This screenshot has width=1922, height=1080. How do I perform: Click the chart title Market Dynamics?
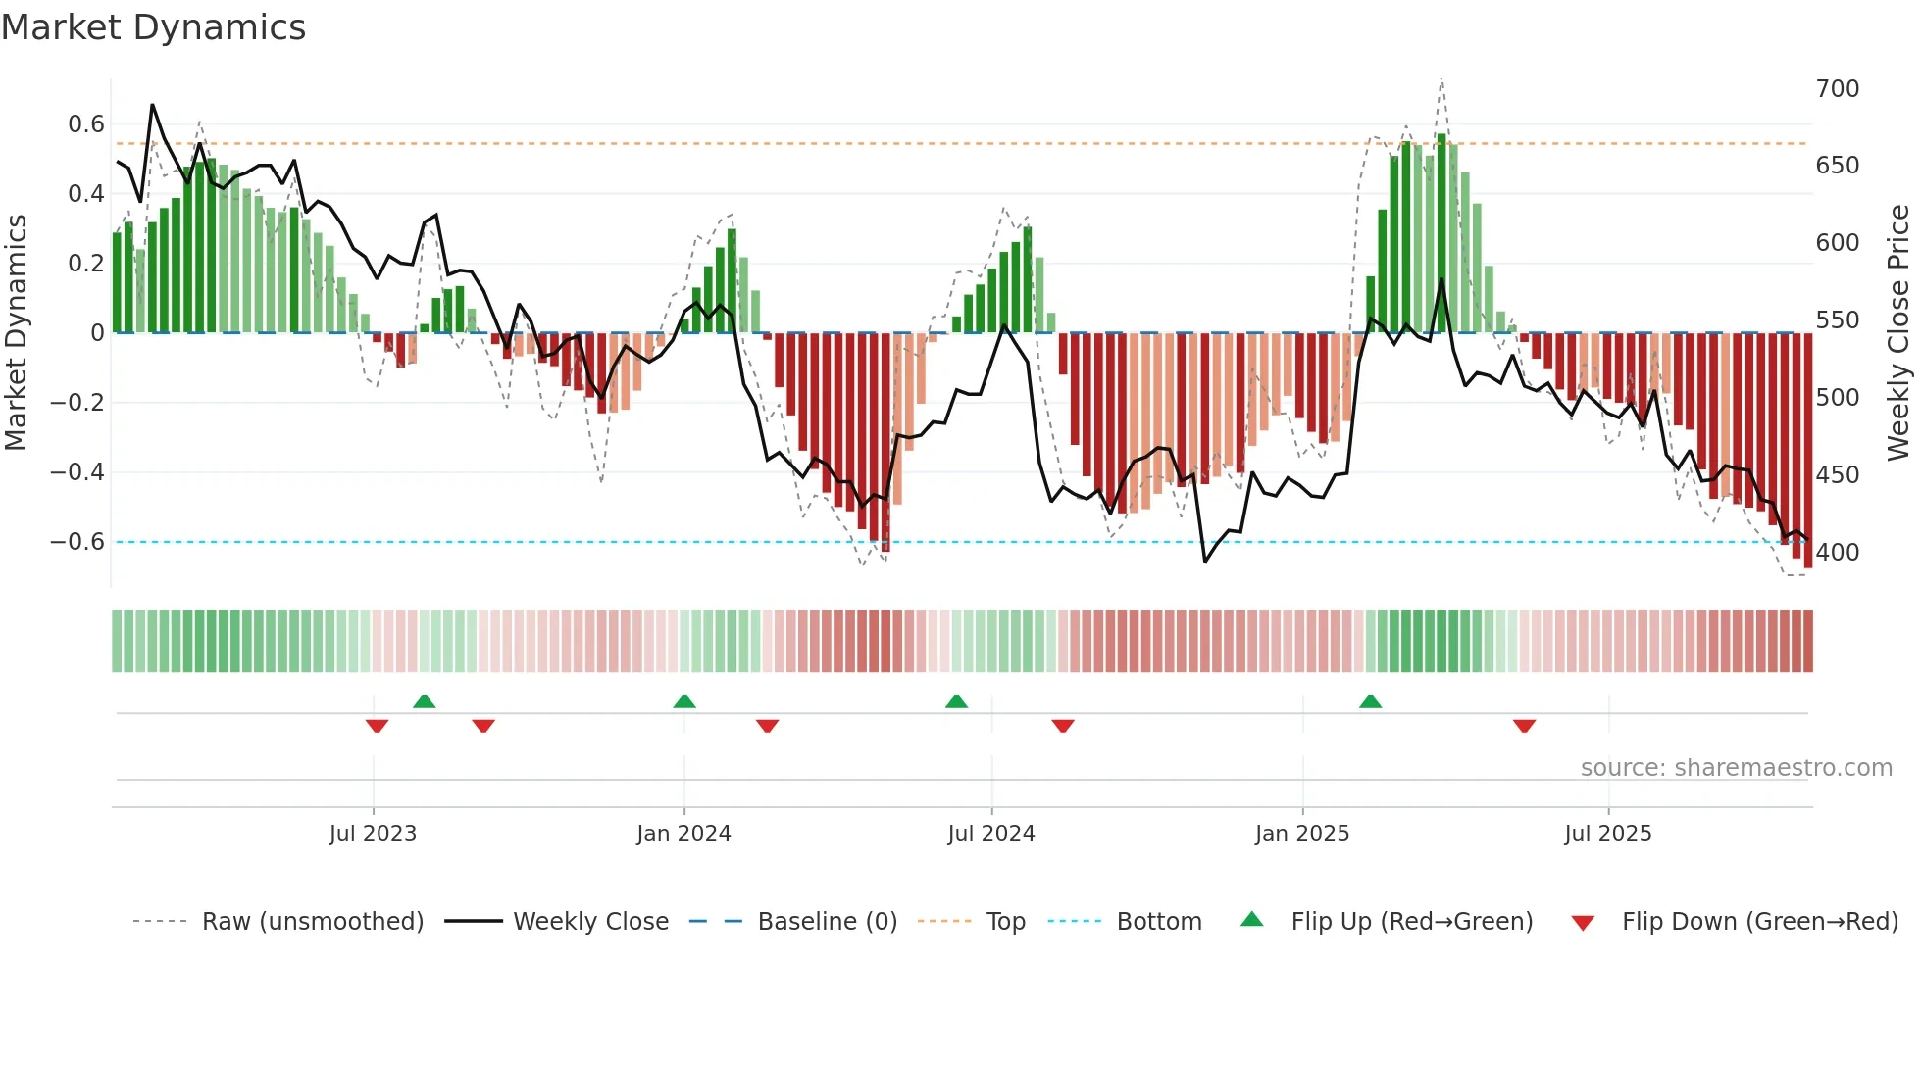[x=153, y=27]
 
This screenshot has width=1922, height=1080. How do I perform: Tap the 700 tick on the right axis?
[x=1837, y=89]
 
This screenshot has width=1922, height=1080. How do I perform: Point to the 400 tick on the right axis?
[x=1837, y=553]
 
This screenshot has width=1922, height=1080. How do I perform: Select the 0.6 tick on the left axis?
[x=86, y=124]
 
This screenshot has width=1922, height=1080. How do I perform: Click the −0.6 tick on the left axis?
[x=77, y=542]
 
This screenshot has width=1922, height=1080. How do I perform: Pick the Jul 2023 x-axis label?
[x=373, y=834]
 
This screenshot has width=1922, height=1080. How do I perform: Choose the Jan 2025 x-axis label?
[x=1302, y=834]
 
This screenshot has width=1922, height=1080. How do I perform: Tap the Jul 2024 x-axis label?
[x=991, y=834]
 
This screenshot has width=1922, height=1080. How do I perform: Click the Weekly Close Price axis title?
[x=1898, y=333]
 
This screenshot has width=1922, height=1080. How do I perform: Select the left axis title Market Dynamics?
[x=16, y=333]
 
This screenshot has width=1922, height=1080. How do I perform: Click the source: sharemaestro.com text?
[x=1736, y=768]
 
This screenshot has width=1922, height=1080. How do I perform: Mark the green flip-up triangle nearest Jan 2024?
[x=684, y=701]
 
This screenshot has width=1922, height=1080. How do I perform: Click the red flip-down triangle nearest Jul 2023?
[x=377, y=726]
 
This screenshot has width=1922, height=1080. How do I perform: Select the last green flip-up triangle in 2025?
[x=1370, y=701]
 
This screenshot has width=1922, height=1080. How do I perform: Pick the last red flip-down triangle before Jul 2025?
[x=1524, y=726]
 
